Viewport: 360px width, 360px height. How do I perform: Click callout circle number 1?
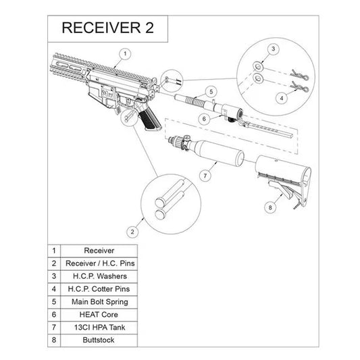click(124, 52)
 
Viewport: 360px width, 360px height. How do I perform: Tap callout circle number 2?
click(132, 232)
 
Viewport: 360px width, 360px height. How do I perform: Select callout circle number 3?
click(273, 49)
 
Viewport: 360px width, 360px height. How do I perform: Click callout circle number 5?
click(211, 91)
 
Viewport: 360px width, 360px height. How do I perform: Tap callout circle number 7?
click(200, 175)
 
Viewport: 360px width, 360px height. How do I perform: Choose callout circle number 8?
click(271, 209)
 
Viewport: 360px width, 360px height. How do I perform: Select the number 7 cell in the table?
click(53, 327)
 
